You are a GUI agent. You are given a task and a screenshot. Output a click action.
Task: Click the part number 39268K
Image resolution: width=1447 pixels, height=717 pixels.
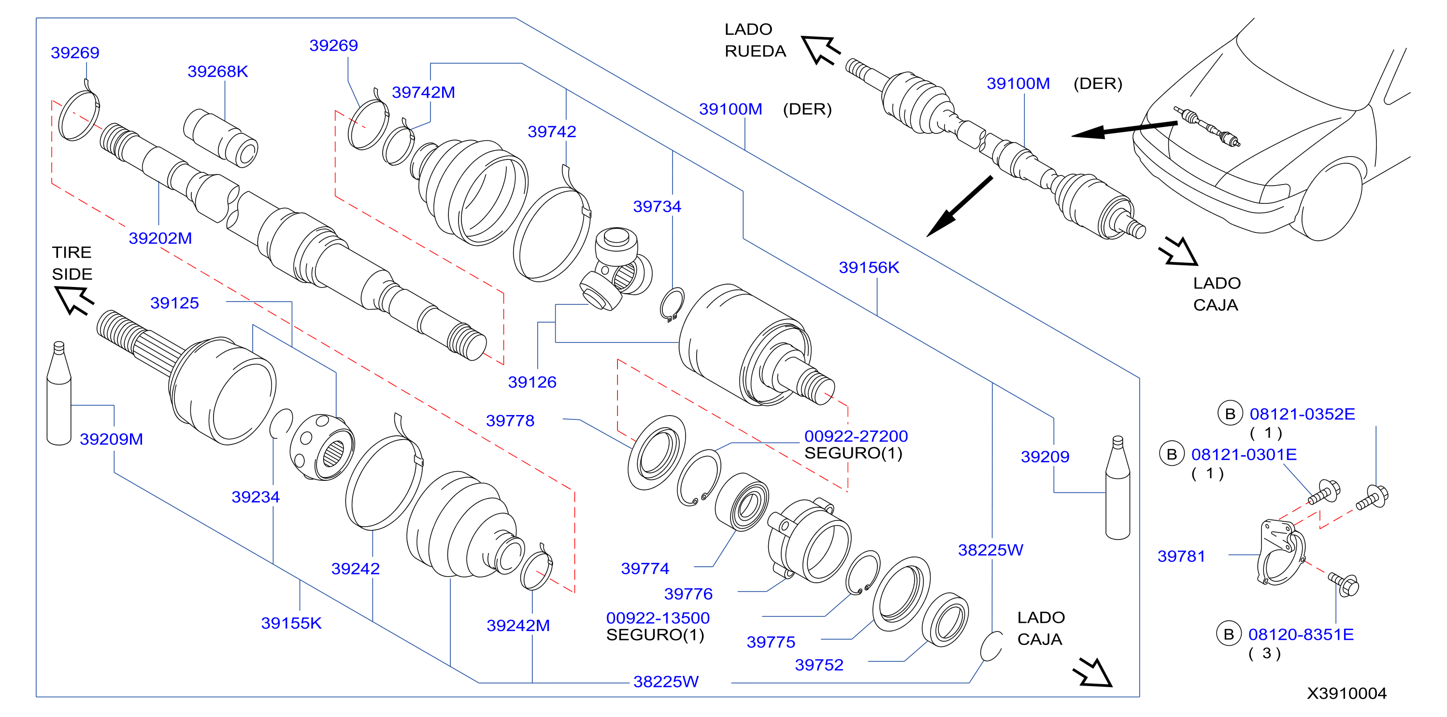(x=217, y=72)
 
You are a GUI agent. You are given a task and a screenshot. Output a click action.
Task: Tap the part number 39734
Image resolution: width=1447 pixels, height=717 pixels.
(x=657, y=206)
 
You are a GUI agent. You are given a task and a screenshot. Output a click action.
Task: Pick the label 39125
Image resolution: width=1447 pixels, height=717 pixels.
(x=175, y=303)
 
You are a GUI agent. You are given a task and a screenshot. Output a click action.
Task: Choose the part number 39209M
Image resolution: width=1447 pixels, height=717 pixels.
(x=111, y=439)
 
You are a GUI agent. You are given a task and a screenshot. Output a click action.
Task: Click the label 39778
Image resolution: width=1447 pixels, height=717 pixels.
(x=510, y=420)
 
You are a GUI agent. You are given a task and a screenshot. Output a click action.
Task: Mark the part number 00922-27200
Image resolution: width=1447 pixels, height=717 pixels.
(x=856, y=436)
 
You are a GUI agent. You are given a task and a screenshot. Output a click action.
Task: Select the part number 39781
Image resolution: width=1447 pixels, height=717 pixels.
(x=1181, y=556)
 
